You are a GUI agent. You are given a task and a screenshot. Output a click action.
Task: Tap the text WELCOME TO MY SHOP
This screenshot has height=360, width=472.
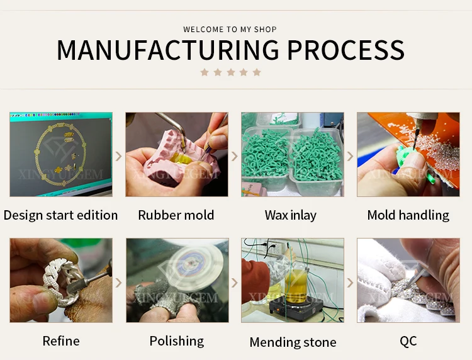pyautogui.click(x=230, y=30)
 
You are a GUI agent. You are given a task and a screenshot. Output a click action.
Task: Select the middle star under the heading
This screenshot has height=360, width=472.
pyautogui.click(x=230, y=72)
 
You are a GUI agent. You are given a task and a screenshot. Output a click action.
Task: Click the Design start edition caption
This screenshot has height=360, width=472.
pyautogui.click(x=60, y=215)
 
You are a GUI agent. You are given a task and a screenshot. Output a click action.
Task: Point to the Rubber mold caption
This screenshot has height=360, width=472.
pyautogui.click(x=176, y=215)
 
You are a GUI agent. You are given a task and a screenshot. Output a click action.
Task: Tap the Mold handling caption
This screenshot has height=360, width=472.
pyautogui.click(x=408, y=215)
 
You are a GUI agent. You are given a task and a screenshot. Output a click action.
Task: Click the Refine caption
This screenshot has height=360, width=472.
pyautogui.click(x=61, y=341)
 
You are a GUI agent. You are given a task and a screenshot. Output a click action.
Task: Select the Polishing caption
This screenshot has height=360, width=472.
pyautogui.click(x=176, y=341)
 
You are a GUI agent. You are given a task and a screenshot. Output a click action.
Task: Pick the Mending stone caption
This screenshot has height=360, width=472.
pyautogui.click(x=293, y=342)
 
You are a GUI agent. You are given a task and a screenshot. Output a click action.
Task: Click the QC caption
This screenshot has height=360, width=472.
pyautogui.click(x=408, y=341)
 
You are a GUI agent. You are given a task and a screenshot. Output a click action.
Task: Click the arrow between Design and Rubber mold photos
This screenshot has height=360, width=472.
pyautogui.click(x=119, y=155)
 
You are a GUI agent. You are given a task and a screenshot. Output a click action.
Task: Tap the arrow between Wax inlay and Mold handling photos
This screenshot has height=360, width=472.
pyautogui.click(x=351, y=155)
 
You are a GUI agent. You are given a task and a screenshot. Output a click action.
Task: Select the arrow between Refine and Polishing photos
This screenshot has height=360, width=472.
pyautogui.click(x=119, y=281)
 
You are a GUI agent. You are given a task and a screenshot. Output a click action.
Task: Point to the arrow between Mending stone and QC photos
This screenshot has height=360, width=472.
pyautogui.click(x=351, y=281)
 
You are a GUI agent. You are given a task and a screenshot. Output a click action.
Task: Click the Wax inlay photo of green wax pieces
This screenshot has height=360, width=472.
pyautogui.click(x=292, y=154)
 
